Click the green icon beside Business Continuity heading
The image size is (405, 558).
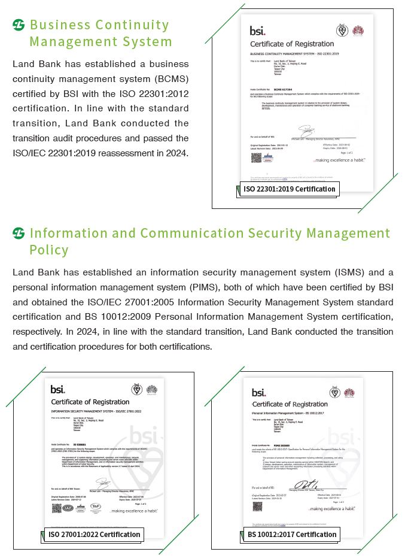pos(19,25)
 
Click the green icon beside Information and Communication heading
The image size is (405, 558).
pos(19,233)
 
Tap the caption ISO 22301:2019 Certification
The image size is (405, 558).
pos(289,189)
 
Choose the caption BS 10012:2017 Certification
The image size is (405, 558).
pos(291,534)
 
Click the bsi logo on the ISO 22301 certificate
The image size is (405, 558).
pos(258,30)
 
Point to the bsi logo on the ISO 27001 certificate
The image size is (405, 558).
pos(58,389)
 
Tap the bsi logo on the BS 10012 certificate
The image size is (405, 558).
pos(258,393)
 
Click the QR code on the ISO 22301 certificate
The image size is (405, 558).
pos(255,157)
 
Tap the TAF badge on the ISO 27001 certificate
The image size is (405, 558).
pos(95,507)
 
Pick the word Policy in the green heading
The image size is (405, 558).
pos(49,250)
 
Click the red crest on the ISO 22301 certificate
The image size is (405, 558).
pos(358,30)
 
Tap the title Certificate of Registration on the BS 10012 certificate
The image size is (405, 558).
pos(290,405)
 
